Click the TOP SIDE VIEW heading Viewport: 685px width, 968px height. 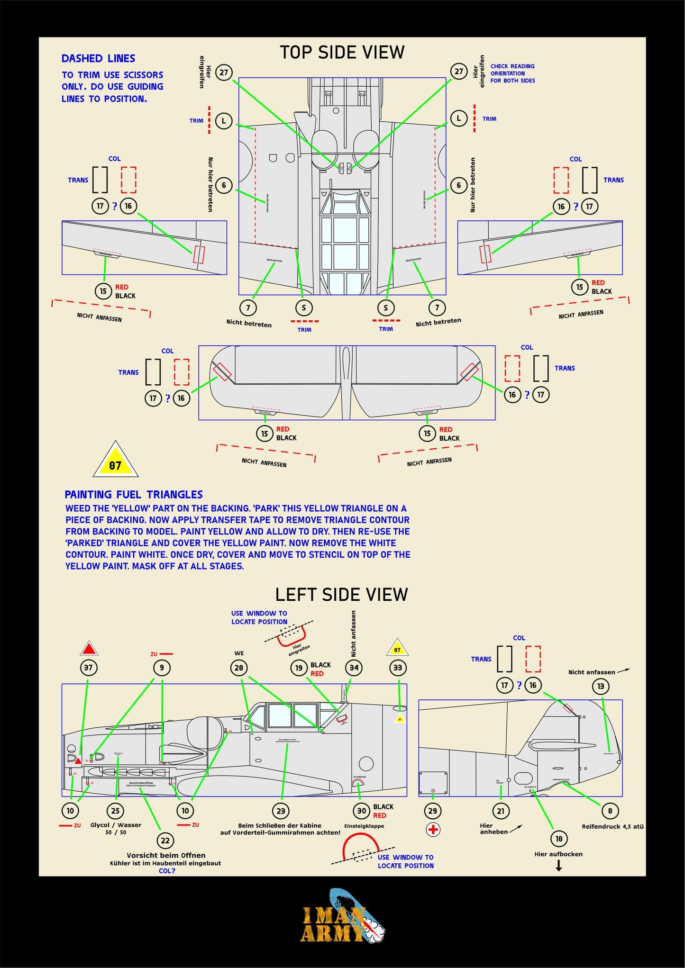click(342, 52)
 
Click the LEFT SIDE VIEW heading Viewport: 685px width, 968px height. click(341, 595)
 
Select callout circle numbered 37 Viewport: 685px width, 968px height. click(88, 668)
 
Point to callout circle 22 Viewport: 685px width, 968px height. click(165, 841)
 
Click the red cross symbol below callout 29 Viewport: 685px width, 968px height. click(433, 829)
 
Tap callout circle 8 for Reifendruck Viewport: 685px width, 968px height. click(610, 811)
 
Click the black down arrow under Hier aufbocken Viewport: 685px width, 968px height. click(558, 866)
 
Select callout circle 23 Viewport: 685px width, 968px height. click(281, 811)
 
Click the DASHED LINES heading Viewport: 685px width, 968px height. click(98, 58)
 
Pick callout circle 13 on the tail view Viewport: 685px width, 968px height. click(600, 686)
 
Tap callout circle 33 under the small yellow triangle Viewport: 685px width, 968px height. click(397, 668)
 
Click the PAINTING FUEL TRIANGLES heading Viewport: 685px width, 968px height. click(134, 494)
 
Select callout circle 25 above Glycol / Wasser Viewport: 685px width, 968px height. click(115, 811)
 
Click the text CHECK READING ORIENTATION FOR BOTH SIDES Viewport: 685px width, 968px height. click(512, 73)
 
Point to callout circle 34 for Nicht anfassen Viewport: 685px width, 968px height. click(354, 668)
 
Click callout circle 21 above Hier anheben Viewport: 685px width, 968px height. click(501, 811)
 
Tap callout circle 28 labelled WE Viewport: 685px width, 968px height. click(239, 668)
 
